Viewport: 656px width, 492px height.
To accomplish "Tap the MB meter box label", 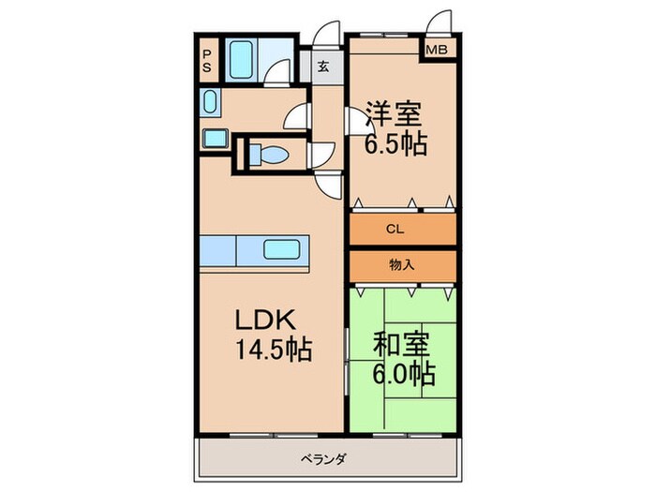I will (x=438, y=51).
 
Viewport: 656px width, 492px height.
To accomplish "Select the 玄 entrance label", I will (x=322, y=66).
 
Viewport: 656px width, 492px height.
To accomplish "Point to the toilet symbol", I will (x=269, y=154).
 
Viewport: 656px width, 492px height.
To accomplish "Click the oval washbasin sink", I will (x=209, y=101).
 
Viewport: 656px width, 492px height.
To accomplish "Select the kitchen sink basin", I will (x=283, y=249).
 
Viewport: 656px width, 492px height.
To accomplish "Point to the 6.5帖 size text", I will (x=395, y=144).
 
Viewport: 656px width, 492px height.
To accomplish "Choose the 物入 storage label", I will (x=401, y=265).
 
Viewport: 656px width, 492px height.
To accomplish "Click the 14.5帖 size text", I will (x=272, y=350).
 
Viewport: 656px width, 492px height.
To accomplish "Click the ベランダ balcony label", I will (x=325, y=458).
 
